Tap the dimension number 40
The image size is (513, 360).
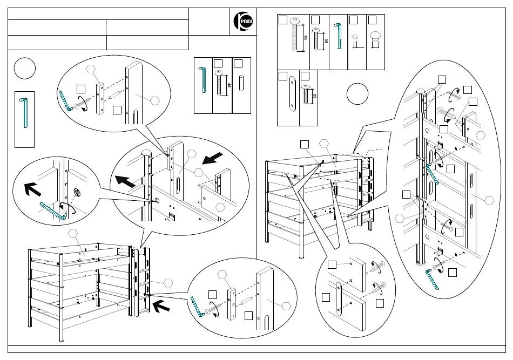click(229, 85)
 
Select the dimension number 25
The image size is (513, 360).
click(315, 96)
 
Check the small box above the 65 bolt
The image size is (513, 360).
click(282, 19)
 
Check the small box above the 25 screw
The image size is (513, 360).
click(305, 76)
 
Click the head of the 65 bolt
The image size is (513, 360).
click(294, 21)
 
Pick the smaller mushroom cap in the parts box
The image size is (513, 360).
click(355, 37)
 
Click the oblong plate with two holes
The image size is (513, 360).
click(291, 93)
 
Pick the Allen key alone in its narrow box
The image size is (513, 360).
click(24, 112)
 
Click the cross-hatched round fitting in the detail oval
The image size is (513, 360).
click(77, 193)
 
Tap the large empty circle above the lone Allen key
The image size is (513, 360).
click(25, 67)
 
